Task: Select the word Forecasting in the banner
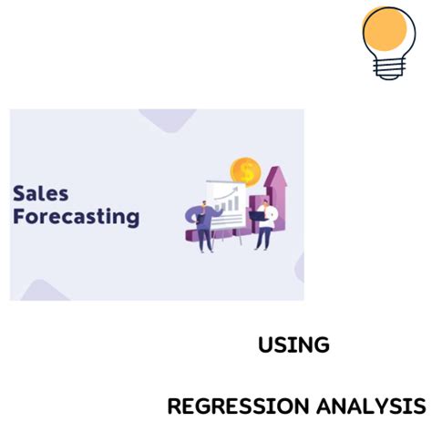pos(77,218)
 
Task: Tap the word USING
pos(293,345)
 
